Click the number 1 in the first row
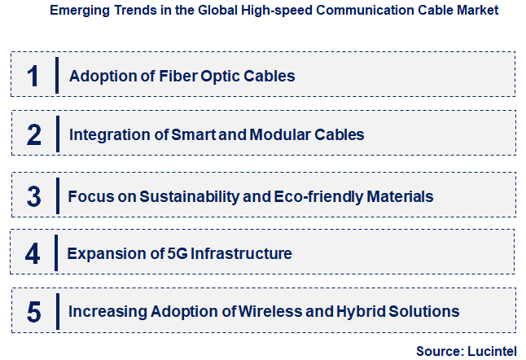[x=33, y=76]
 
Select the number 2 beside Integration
[x=33, y=134]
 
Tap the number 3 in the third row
[x=33, y=196]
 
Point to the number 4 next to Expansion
[x=33, y=254]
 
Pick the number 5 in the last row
[x=33, y=311]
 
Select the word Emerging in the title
[x=78, y=11]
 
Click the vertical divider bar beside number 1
[x=57, y=76]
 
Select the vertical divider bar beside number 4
[x=56, y=254]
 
